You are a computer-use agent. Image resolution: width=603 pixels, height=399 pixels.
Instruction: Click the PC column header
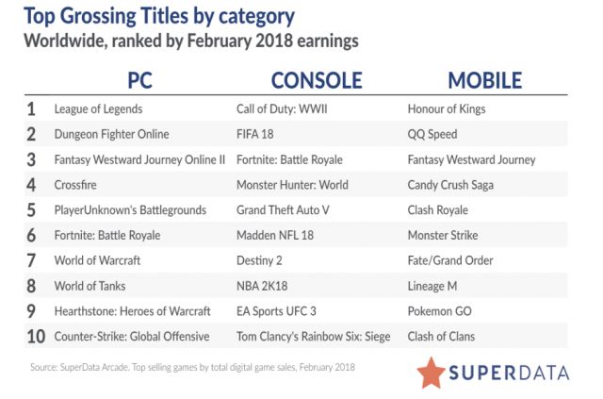(x=140, y=80)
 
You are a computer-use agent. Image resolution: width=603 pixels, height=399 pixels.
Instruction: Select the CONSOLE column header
(x=317, y=80)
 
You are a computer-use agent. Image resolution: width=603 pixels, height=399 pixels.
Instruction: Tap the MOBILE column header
(x=485, y=80)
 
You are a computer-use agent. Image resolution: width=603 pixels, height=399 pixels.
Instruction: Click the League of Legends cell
(x=98, y=109)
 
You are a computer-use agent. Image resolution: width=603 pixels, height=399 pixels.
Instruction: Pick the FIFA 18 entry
(x=255, y=134)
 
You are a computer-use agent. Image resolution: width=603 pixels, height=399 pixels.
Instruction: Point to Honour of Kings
(x=447, y=109)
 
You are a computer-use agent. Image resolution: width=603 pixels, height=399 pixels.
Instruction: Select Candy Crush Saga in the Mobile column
(x=450, y=185)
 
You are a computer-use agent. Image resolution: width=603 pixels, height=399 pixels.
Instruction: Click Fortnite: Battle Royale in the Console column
(x=289, y=159)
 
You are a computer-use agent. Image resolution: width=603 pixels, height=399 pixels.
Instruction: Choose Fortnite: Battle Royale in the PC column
(x=107, y=235)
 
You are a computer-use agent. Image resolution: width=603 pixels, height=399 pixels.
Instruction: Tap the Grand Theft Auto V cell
(x=283, y=210)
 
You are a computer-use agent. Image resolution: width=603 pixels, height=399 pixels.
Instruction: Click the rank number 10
(x=36, y=337)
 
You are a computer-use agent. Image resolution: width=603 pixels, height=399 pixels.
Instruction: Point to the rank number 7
(x=31, y=260)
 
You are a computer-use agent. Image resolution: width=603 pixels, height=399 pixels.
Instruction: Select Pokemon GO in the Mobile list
(x=440, y=311)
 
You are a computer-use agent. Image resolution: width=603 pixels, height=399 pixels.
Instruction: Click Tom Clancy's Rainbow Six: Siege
(x=314, y=337)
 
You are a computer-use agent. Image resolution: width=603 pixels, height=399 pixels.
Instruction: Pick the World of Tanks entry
(x=90, y=286)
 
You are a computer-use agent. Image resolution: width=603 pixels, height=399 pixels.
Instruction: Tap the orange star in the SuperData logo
(x=432, y=373)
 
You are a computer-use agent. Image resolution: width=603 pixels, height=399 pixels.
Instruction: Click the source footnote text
(x=192, y=367)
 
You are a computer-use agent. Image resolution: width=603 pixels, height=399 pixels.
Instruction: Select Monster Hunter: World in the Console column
(x=292, y=185)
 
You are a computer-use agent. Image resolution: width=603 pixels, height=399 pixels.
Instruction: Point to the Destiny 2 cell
(x=259, y=260)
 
